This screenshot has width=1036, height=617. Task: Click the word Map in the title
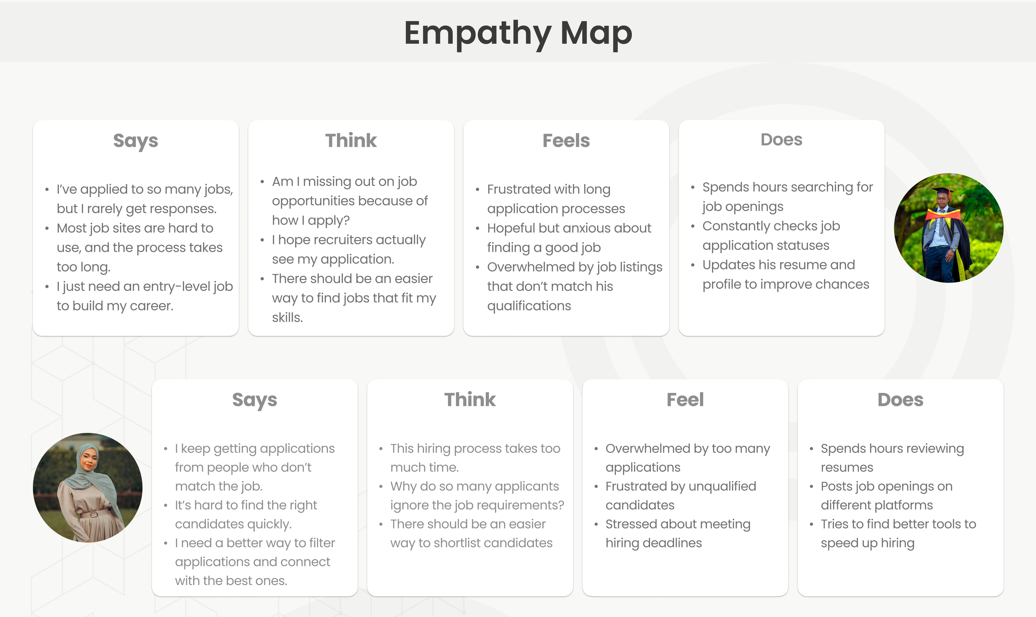[x=596, y=33]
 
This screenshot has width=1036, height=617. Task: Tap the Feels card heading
[x=566, y=141]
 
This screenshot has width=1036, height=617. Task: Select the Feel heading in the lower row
[x=685, y=399]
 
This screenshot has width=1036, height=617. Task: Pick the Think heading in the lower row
[x=470, y=399]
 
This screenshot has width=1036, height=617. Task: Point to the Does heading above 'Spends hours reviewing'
[x=900, y=399]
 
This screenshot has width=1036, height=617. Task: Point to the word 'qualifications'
[x=529, y=306]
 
